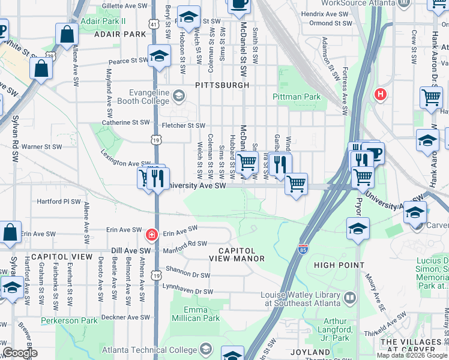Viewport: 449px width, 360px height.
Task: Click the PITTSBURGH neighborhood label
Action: pos(222,85)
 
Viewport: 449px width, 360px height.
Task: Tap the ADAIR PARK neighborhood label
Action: pos(120,34)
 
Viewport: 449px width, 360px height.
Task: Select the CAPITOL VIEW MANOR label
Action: pos(237,254)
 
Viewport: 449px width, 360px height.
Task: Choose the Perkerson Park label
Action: pos(69,321)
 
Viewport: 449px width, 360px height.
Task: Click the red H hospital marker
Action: pos(379,94)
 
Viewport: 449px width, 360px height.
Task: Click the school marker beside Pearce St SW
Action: pos(158,56)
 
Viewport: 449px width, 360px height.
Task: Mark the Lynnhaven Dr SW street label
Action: pos(187,292)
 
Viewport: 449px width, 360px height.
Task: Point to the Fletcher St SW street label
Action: pos(184,125)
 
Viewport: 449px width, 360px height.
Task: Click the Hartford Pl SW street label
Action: pos(59,202)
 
